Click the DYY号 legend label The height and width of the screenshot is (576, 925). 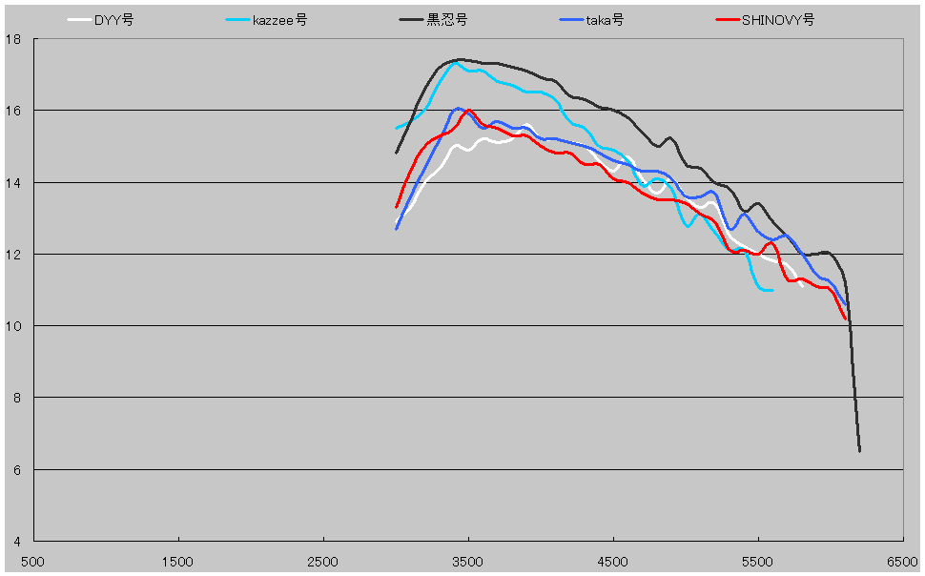[x=113, y=20]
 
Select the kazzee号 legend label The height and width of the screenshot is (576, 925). [x=279, y=20]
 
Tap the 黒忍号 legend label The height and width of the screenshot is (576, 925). [x=448, y=20]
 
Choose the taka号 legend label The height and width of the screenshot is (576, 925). [x=605, y=20]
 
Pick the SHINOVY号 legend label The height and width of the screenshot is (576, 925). [x=777, y=20]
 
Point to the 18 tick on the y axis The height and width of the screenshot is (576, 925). [x=13, y=39]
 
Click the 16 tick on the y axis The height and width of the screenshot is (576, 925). [x=13, y=111]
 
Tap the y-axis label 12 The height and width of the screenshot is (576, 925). [x=13, y=255]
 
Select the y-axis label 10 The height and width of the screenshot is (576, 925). [x=13, y=326]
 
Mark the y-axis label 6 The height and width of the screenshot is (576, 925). [x=17, y=470]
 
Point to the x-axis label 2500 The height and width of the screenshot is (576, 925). [x=323, y=563]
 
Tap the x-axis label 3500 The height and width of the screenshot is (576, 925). [x=468, y=563]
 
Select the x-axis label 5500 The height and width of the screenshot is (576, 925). [x=758, y=563]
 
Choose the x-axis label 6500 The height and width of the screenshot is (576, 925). [x=903, y=563]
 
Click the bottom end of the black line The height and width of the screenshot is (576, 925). [x=859, y=451]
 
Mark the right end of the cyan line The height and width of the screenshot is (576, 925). [x=771, y=290]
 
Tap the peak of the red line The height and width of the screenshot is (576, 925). [x=467, y=111]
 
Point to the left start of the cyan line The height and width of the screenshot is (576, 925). [x=396, y=128]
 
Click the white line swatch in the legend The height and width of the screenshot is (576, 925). [x=79, y=20]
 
